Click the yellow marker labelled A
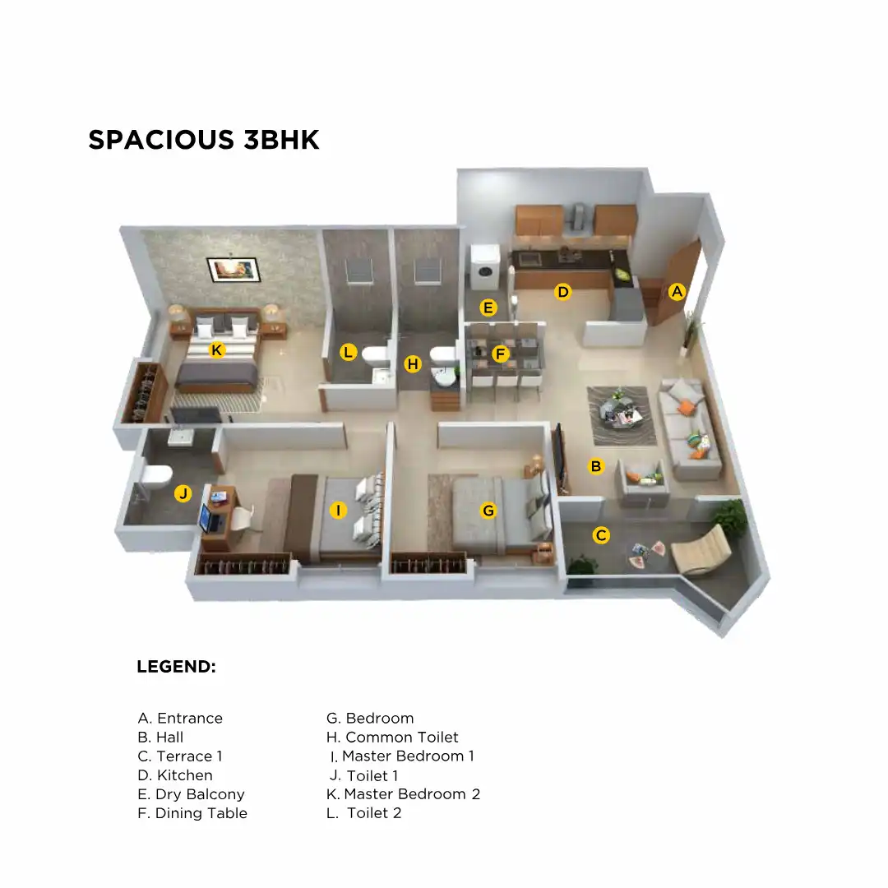click(x=677, y=291)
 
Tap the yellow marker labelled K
click(x=216, y=350)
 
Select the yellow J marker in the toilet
click(x=183, y=493)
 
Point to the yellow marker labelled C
click(x=601, y=535)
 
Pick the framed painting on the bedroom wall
click(x=233, y=270)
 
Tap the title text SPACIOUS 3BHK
click(x=204, y=140)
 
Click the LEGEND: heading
click(x=176, y=667)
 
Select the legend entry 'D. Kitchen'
click(x=175, y=775)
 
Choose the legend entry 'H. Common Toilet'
click(x=392, y=738)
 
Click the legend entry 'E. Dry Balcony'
click(x=191, y=794)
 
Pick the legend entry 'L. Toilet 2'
click(x=364, y=813)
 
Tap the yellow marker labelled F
click(x=500, y=354)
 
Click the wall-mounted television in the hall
click(x=560, y=456)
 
